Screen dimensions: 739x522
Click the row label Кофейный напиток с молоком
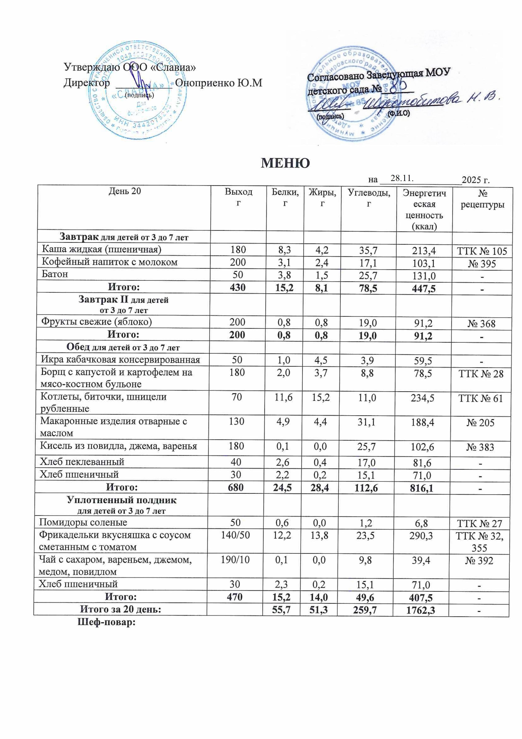[x=110, y=262]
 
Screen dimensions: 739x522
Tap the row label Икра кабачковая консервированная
[x=120, y=360]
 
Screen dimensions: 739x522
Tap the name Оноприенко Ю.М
[x=218, y=83]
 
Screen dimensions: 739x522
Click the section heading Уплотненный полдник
[x=122, y=501]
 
